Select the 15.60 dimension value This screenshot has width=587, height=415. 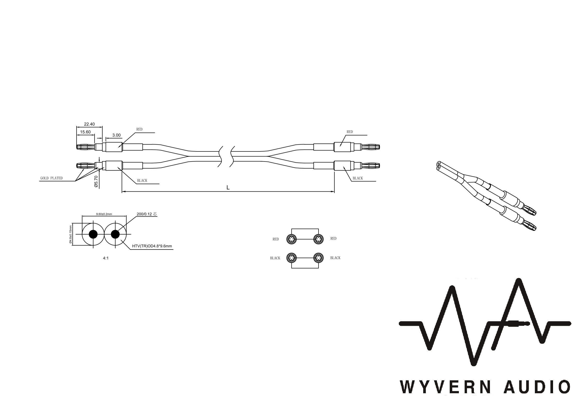pos(85,132)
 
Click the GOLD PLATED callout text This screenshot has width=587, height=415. pos(51,178)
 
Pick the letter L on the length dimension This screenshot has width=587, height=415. pos(228,188)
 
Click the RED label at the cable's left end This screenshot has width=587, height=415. pos(139,129)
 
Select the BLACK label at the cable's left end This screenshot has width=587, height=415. pos(142,181)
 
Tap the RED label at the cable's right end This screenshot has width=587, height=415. pos(350,132)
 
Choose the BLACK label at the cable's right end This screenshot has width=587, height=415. pos(358,178)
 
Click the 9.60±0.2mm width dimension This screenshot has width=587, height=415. pos(104,214)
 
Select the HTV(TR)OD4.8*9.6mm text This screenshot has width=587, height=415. pos(152,246)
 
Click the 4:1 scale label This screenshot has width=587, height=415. pos(106,258)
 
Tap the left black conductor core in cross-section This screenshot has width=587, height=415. pos(93,234)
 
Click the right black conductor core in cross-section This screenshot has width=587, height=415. pos(115,234)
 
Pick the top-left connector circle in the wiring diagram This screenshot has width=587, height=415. pos(291,239)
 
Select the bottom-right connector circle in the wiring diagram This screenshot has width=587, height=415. pos(318,258)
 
